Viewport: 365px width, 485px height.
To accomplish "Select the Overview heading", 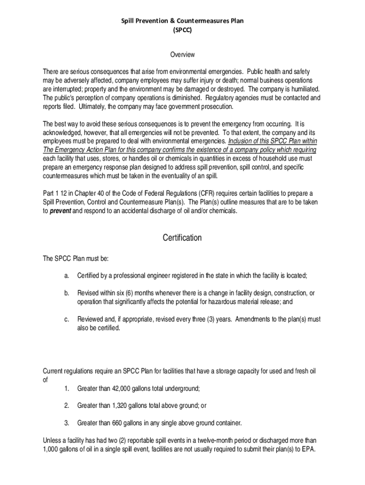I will point(182,55).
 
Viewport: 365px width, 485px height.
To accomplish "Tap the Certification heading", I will point(182,238).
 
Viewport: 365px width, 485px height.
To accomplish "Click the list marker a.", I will point(67,276).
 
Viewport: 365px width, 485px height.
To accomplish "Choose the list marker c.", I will point(67,319).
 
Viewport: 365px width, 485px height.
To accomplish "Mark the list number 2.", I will point(67,405).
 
